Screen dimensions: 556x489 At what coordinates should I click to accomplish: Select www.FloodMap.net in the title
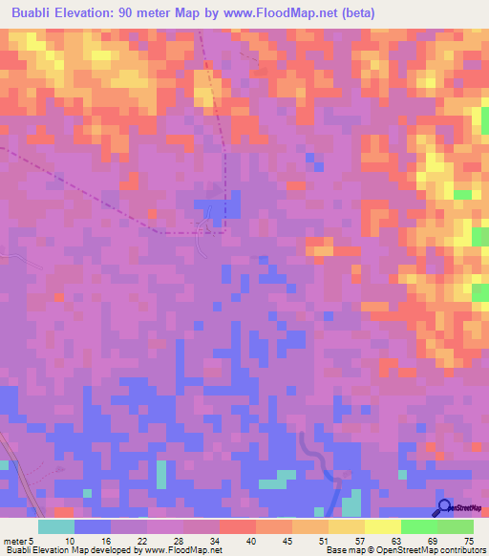(x=291, y=13)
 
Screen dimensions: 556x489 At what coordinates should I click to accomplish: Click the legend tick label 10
(x=70, y=540)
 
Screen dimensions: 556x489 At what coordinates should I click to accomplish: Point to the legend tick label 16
(x=106, y=540)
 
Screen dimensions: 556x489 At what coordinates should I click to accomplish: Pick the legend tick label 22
(x=142, y=540)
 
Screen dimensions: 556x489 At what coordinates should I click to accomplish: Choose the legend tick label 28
(x=179, y=540)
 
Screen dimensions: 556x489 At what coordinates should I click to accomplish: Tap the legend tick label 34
(x=215, y=540)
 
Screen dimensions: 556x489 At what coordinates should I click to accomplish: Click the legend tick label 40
(x=251, y=540)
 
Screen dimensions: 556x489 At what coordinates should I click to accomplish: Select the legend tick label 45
(x=287, y=540)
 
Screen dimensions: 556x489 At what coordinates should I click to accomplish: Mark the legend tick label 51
(x=324, y=540)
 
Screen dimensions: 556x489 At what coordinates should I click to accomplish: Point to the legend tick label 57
(x=360, y=540)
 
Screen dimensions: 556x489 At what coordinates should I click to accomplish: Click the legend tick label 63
(x=396, y=540)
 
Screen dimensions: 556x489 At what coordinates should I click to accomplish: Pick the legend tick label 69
(x=433, y=540)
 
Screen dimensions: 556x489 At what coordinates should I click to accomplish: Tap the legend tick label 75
(x=468, y=540)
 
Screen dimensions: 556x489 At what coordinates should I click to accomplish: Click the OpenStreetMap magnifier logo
(x=444, y=507)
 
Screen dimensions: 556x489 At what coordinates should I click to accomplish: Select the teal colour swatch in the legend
(x=56, y=526)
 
